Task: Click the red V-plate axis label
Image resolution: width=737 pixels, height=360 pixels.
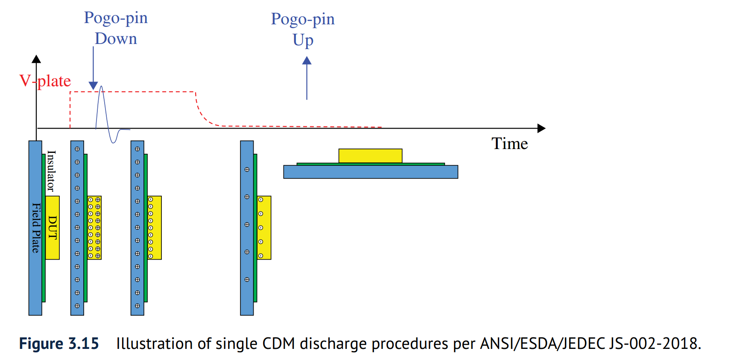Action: tap(45, 81)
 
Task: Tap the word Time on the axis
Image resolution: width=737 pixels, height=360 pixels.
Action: tap(509, 143)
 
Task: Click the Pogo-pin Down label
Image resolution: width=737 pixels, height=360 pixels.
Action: tap(116, 28)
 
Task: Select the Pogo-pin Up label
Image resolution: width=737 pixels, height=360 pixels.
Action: tap(303, 29)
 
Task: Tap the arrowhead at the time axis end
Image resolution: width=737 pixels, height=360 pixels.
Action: tap(541, 128)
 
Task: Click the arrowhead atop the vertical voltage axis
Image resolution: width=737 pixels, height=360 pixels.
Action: tap(36, 59)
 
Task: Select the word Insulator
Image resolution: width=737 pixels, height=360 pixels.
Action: tap(51, 171)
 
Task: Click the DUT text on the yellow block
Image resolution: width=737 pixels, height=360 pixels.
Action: tap(52, 228)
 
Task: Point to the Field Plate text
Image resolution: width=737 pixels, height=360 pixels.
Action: tap(36, 228)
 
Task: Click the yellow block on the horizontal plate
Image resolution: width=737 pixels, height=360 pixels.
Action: tap(370, 155)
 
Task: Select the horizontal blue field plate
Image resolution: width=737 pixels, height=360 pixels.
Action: tap(370, 172)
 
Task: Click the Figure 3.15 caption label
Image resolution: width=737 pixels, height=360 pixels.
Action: tap(59, 344)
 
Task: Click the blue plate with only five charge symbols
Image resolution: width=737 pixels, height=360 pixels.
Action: tap(247, 228)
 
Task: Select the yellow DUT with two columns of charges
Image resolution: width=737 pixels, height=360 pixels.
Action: tap(94, 228)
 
